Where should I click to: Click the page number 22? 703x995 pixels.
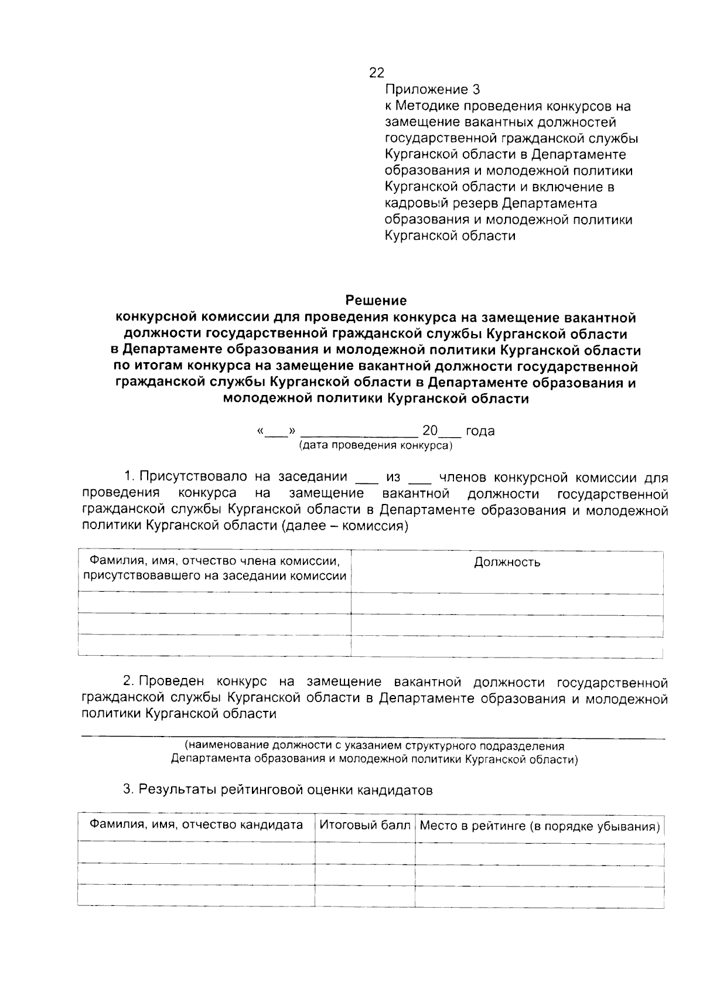coord(376,73)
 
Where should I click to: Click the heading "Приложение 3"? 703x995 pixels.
coord(432,90)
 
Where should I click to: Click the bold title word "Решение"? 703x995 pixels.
coord(376,301)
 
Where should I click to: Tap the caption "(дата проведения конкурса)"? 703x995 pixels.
coord(376,445)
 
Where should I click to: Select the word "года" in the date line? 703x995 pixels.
coord(480,431)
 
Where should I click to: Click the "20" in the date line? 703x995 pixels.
coord(430,431)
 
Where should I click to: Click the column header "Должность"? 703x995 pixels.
coord(507,563)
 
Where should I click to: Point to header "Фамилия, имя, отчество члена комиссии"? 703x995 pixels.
coord(214,561)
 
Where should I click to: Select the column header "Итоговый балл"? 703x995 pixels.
coord(364,825)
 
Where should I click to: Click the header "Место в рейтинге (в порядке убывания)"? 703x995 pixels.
coord(540,826)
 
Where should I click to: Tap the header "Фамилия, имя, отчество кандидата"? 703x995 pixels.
coord(196,825)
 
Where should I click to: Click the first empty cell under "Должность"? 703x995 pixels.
coord(507,602)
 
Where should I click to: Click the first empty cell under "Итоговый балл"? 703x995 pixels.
coord(364,853)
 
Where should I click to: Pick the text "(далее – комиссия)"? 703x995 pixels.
coord(345,526)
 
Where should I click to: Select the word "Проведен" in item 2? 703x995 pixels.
coord(172,682)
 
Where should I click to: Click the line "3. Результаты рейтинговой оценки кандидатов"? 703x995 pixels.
coord(278,790)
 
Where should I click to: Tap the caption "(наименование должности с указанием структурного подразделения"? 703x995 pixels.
coord(375,746)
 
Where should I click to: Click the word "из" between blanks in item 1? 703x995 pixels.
coord(393,477)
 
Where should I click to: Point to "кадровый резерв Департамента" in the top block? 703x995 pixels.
coord(491,203)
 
